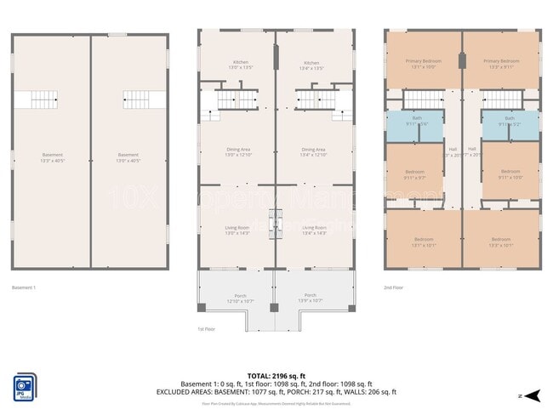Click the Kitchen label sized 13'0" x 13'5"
(x=237, y=65)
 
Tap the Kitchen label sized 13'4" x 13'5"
(x=311, y=65)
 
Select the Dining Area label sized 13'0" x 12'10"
(x=237, y=151)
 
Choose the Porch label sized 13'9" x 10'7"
(x=309, y=298)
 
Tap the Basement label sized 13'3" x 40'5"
(x=51, y=157)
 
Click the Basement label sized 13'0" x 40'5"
(x=128, y=157)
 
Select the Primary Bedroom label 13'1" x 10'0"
(x=423, y=64)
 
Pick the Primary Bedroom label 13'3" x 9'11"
(x=501, y=64)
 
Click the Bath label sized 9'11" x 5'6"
(x=416, y=121)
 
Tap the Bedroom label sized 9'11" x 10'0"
(x=510, y=173)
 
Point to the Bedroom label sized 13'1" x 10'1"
(x=423, y=242)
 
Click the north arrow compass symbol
(x=532, y=395)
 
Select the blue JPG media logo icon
(x=25, y=386)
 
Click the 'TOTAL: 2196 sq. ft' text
(x=276, y=375)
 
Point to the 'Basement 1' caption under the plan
(x=24, y=287)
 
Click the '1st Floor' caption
(x=207, y=328)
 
